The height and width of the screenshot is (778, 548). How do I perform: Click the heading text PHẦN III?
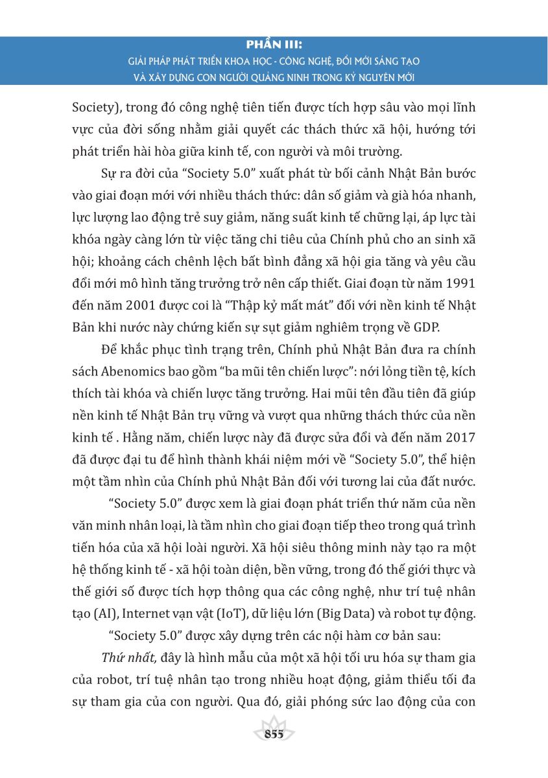coord(274,46)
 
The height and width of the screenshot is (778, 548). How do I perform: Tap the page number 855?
coord(274,735)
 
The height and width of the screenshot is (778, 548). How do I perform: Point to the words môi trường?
coord(364,151)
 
